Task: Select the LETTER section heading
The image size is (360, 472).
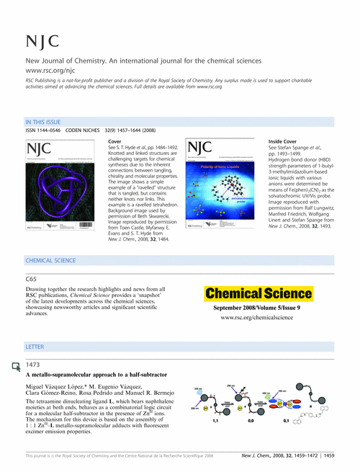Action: pos(35,347)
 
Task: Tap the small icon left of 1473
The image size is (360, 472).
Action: pos(17,368)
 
